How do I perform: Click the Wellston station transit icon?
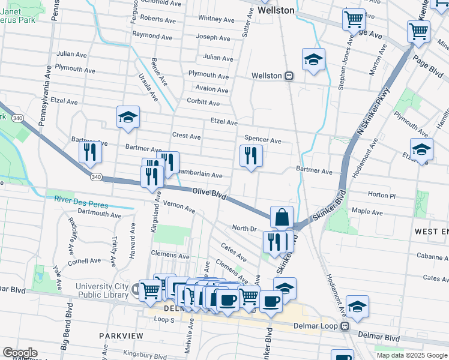[289, 76]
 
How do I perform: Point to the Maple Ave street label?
[367, 212]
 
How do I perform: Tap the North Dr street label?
[244, 229]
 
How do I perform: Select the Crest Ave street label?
[186, 137]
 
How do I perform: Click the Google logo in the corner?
[20, 352]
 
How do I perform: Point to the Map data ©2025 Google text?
[412, 355]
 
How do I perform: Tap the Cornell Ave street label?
[84, 261]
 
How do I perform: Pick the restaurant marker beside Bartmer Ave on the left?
[90, 152]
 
